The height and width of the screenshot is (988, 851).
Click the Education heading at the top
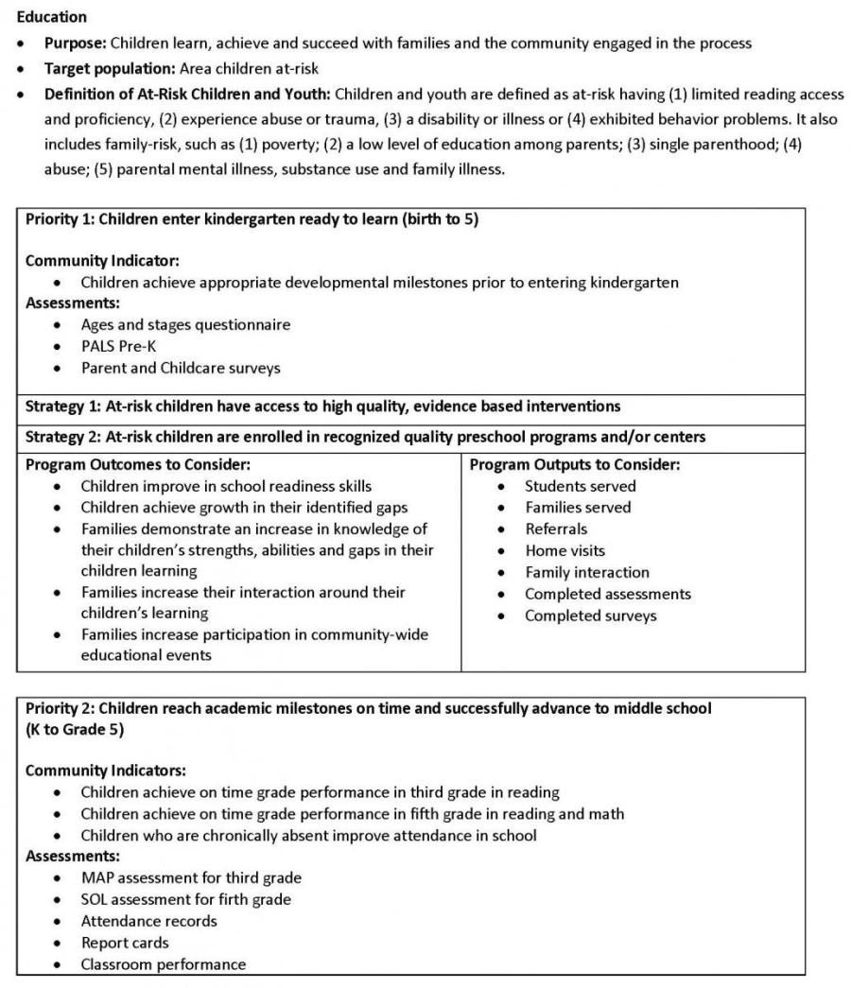[x=51, y=17]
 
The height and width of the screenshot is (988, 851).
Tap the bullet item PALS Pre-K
[x=118, y=346]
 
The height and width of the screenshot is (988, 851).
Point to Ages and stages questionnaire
[x=185, y=324]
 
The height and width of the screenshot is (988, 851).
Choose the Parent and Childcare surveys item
[x=180, y=368]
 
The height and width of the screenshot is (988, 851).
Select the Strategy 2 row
[x=365, y=437]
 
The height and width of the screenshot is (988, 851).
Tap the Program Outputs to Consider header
[x=574, y=464]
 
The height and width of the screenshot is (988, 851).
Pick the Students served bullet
[x=581, y=486]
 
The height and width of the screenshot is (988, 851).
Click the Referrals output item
[x=556, y=529]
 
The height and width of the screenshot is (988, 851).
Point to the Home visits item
[x=565, y=550]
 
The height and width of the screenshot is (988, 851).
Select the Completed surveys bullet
[x=591, y=615]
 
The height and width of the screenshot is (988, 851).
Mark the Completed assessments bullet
[x=608, y=594]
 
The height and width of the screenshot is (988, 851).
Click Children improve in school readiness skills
[x=226, y=486]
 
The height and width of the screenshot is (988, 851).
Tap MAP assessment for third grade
[x=191, y=877]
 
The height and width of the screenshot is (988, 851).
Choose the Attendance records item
[x=148, y=921]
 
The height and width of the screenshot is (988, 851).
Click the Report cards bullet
[x=125, y=943]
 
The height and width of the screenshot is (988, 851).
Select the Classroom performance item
[x=163, y=964]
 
